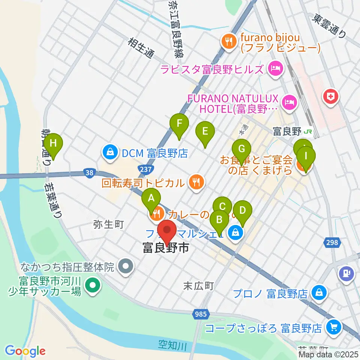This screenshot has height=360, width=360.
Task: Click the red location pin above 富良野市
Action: pyautogui.click(x=167, y=232)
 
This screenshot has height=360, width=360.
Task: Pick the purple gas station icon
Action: pyautogui.click(x=345, y=273)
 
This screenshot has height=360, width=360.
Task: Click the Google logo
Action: pyautogui.click(x=25, y=351)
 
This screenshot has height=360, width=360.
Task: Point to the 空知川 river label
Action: pyautogui.click(x=172, y=345)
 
